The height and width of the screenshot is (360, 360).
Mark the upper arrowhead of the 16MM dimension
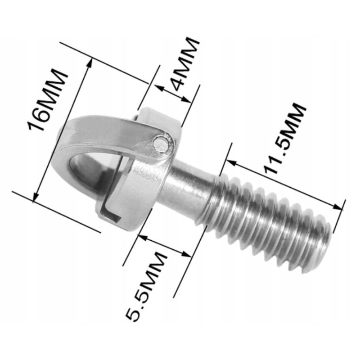coord(90,63)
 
